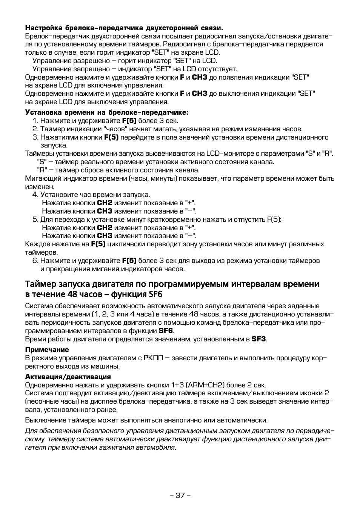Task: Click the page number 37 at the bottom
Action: pos(180,495)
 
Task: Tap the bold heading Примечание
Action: pos(47,350)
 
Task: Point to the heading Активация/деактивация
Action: pos(68,376)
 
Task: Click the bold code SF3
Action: pos(259,339)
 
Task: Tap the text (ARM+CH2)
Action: pos(205,385)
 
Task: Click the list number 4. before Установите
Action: pos(35,195)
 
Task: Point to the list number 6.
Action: pos(35,261)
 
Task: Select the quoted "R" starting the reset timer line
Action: pos(42,170)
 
